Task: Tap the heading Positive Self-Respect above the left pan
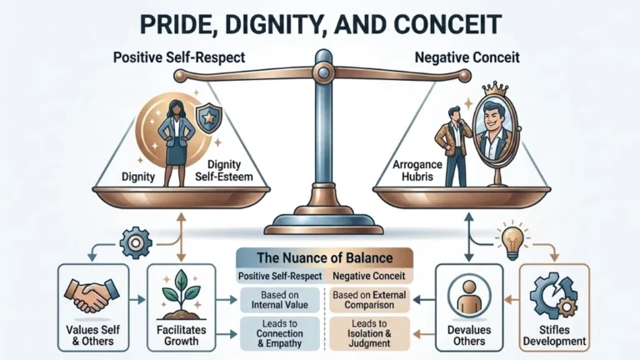pos(179,57)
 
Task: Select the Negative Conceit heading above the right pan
pos(467,57)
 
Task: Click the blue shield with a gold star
pos(209,118)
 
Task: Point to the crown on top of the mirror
pos(495,88)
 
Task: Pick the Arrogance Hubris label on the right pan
pos(417,171)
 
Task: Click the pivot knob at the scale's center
pos(323,72)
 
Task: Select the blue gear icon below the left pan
pos(136,242)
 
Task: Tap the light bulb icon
pos(512,240)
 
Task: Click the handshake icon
pos(92,295)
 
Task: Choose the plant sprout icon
pos(181,294)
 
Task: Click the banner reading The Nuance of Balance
pos(324,258)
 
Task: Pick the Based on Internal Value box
pos(280,300)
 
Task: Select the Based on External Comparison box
pos(369,300)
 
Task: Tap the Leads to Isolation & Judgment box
pos(369,333)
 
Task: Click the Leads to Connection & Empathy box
pos(280,333)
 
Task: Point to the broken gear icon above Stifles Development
pos(554,296)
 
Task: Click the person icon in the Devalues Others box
pos(469,296)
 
